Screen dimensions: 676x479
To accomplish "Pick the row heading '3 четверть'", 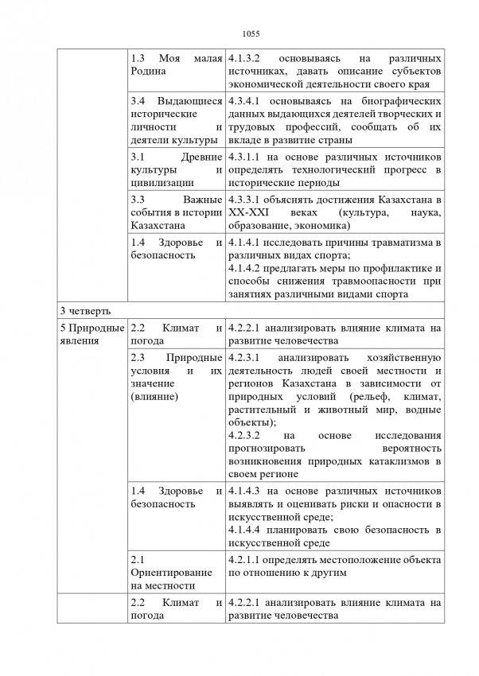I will (x=79, y=309).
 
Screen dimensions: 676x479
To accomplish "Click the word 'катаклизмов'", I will (x=406, y=462).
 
